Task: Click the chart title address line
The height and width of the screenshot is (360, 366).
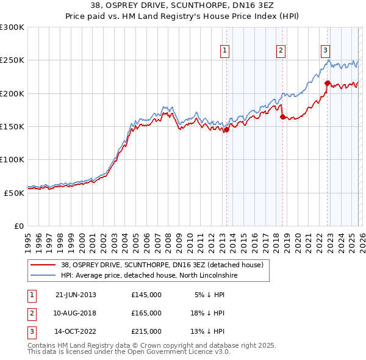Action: [x=183, y=5]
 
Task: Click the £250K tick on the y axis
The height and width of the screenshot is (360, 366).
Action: [x=12, y=60]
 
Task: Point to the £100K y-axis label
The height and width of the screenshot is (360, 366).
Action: [x=12, y=159]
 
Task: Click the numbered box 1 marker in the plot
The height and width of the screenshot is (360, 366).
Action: [x=225, y=51]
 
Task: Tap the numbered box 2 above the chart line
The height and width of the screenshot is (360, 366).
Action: [x=281, y=51]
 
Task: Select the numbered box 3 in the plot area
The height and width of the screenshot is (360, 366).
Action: [x=326, y=51]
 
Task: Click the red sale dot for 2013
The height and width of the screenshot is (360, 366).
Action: [x=226, y=129]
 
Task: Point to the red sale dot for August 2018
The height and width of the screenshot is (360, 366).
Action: [x=282, y=117]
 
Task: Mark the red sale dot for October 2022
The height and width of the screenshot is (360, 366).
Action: [x=328, y=83]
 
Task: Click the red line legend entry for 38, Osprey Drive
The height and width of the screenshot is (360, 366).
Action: [x=162, y=265]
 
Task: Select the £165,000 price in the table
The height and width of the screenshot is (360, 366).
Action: [x=146, y=313]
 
